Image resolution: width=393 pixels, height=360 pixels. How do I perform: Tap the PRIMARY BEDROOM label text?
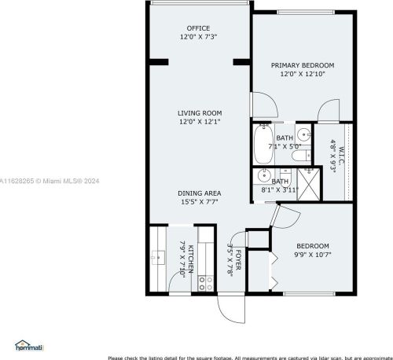[x=303, y=65]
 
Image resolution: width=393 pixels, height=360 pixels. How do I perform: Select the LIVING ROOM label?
[x=199, y=113]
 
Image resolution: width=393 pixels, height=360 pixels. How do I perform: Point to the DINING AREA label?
[x=199, y=193]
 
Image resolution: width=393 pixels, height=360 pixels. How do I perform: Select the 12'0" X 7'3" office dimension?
[x=198, y=37]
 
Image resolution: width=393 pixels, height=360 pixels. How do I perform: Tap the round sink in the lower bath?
[x=265, y=175]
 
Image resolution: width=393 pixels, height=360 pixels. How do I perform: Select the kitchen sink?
[x=156, y=257]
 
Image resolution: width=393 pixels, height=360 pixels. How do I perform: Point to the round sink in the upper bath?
[x=303, y=131]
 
